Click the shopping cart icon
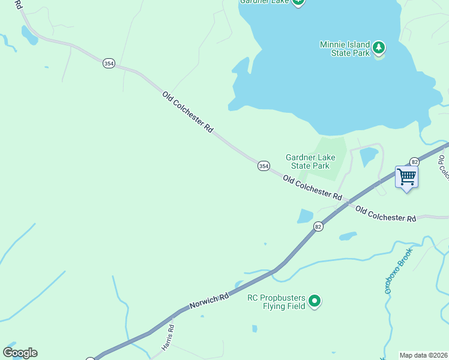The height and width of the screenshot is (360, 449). (x=406, y=177)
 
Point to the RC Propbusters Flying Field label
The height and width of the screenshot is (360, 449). (x=277, y=302)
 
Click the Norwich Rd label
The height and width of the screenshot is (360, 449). (x=209, y=300)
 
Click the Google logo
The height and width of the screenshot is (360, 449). (x=20, y=353)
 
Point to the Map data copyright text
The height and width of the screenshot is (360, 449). (x=423, y=355)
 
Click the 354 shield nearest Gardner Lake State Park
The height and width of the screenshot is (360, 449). (x=264, y=166)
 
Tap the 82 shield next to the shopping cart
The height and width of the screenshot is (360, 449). (x=414, y=161)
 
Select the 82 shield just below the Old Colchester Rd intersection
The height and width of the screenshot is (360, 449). (x=318, y=226)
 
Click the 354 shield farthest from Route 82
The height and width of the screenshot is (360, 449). (x=109, y=64)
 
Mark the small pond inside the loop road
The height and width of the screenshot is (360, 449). (x=369, y=157)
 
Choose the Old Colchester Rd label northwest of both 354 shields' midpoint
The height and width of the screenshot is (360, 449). (x=188, y=112)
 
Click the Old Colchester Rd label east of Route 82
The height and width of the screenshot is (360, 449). (x=385, y=214)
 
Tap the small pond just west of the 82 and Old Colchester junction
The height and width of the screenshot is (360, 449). (x=305, y=216)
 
